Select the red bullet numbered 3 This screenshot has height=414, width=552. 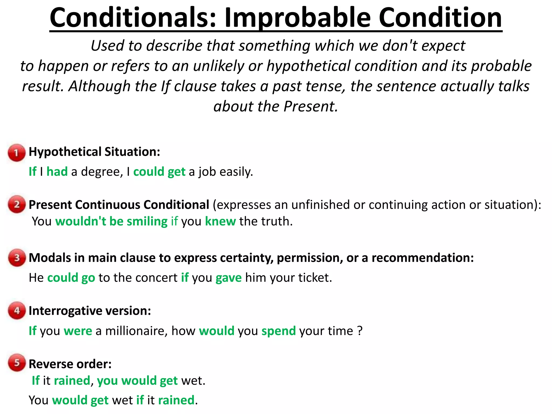[x=17, y=258]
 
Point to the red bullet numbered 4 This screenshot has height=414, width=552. [x=17, y=310]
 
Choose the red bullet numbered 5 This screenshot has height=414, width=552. [x=17, y=363]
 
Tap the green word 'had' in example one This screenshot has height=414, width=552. [x=57, y=172]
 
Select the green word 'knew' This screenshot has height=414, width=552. [x=220, y=221]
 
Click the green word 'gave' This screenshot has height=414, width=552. [x=229, y=278]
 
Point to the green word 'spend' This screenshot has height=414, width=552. [x=278, y=331]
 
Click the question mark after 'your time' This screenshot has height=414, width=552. [x=360, y=331]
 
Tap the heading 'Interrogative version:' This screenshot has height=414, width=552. [x=90, y=311]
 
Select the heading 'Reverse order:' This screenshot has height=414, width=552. [x=70, y=364]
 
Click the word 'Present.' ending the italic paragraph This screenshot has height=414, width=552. [x=310, y=106]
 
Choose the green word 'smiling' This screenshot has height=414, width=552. [x=147, y=221]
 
